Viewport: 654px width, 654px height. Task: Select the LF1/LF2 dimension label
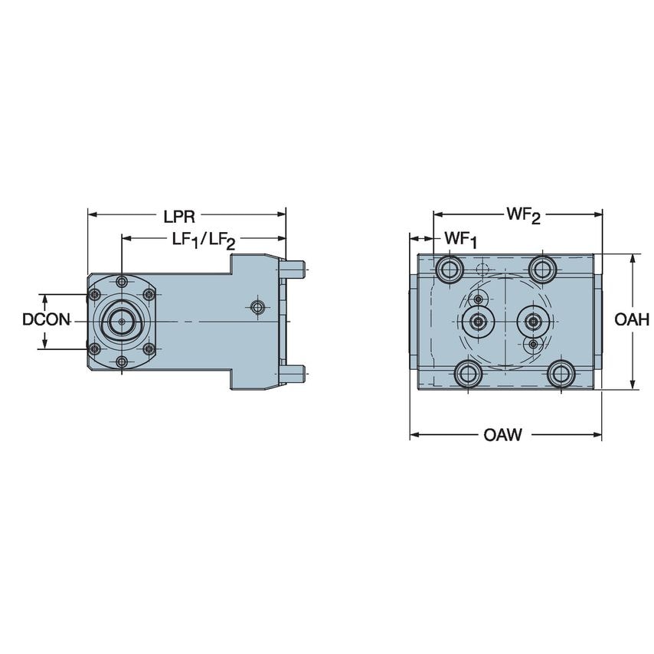(x=202, y=240)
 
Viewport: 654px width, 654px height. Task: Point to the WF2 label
(x=523, y=216)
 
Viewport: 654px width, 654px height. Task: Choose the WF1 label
(x=461, y=240)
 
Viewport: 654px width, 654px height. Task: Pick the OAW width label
(x=502, y=436)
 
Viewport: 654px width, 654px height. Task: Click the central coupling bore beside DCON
(x=121, y=322)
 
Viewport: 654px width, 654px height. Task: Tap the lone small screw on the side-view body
(x=258, y=307)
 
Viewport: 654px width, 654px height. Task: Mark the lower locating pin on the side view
(x=295, y=373)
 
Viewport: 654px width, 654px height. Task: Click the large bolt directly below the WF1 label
(x=448, y=269)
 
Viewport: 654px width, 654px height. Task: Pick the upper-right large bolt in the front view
(x=543, y=269)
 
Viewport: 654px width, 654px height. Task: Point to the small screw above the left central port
(x=479, y=299)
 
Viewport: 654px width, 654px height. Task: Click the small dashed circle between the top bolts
(x=482, y=269)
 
